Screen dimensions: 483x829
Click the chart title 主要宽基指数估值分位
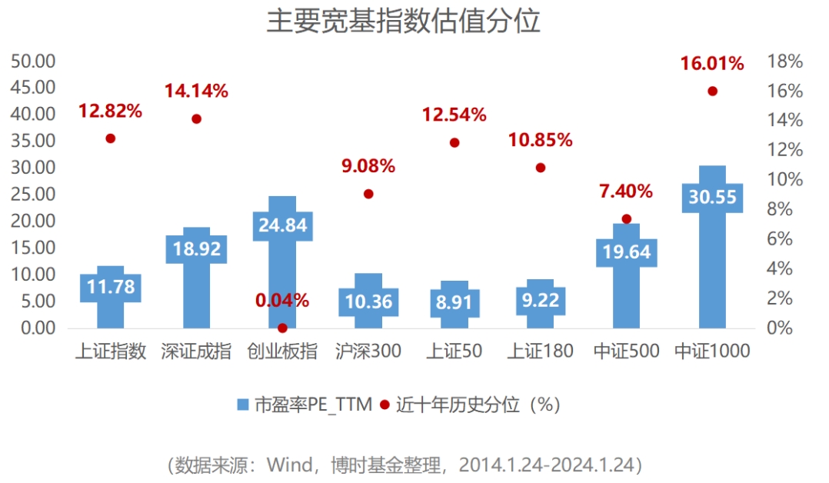403,22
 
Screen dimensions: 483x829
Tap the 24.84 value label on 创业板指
282,225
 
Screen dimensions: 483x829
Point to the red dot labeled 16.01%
712,92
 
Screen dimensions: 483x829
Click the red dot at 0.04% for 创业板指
282,328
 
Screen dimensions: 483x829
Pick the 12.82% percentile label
110,111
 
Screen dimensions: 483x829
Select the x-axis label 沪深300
368,352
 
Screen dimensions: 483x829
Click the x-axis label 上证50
454,352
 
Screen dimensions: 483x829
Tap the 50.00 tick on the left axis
33,61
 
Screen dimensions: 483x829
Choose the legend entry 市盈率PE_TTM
305,405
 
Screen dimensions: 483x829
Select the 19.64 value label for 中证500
626,252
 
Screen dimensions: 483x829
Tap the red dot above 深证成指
196,119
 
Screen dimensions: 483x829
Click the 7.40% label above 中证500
626,192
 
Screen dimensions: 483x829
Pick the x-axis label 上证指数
110,352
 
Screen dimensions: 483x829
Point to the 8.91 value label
454,302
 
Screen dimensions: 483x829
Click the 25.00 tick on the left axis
33,194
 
